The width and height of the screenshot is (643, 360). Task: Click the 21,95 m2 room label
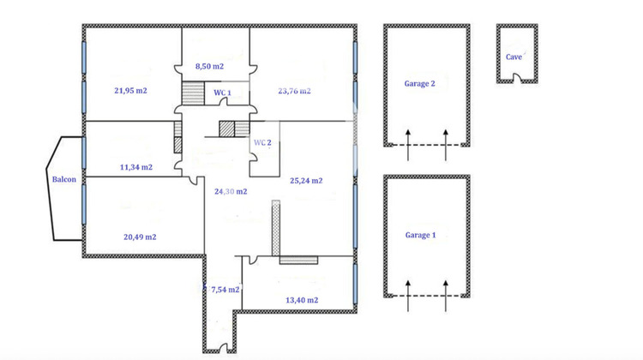(x=130, y=89)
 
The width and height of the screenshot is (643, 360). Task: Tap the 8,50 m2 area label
(x=209, y=66)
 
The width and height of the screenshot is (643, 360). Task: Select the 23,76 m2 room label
(x=294, y=90)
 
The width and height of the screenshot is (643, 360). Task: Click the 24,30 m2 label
(x=231, y=191)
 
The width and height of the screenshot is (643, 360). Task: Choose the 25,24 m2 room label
(x=306, y=181)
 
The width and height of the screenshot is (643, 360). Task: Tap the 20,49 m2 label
(x=139, y=237)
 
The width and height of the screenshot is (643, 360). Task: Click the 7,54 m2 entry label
(x=224, y=291)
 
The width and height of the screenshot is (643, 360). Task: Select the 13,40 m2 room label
(x=301, y=300)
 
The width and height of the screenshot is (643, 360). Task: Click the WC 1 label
(x=222, y=92)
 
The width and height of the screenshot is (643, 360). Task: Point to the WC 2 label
(x=262, y=142)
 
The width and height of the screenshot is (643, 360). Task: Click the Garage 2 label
(x=420, y=84)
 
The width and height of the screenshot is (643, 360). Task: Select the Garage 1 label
(x=420, y=234)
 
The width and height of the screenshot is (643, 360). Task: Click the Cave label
(x=514, y=57)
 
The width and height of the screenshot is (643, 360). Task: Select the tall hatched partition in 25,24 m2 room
(x=276, y=227)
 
